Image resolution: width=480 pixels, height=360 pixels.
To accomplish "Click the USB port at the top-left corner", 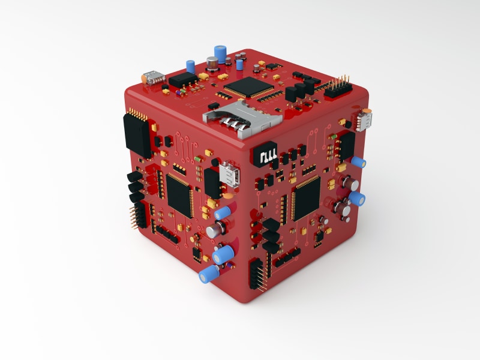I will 154,77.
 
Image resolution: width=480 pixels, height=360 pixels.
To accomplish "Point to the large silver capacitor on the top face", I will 212,62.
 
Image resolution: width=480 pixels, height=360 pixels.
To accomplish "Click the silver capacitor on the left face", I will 215,229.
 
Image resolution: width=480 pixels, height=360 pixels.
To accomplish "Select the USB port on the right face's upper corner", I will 364,119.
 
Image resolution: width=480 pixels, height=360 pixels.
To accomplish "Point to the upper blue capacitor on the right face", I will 359,162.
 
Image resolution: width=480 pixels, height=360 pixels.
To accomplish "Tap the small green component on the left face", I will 199,158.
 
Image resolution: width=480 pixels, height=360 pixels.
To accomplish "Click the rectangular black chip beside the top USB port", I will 184,80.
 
